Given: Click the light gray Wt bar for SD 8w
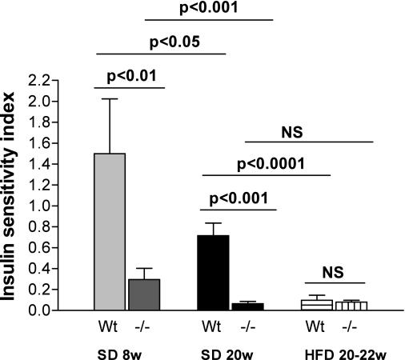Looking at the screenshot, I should (x=110, y=232).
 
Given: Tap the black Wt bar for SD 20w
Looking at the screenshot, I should (x=213, y=273).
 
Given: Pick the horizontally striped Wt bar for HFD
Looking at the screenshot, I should (x=317, y=305).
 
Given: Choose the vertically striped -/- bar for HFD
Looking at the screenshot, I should (x=351, y=306).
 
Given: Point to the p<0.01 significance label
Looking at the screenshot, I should (x=130, y=78).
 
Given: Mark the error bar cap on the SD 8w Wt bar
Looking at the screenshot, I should (x=110, y=99).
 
